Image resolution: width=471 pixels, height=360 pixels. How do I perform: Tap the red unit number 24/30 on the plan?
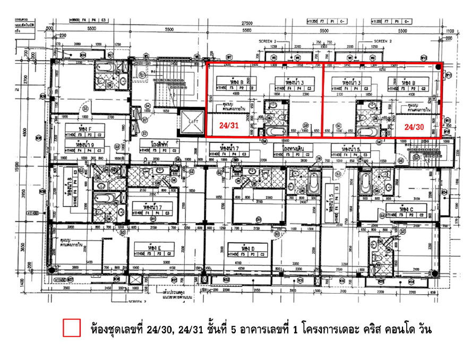414,127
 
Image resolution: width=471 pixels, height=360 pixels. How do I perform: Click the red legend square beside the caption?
71,328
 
